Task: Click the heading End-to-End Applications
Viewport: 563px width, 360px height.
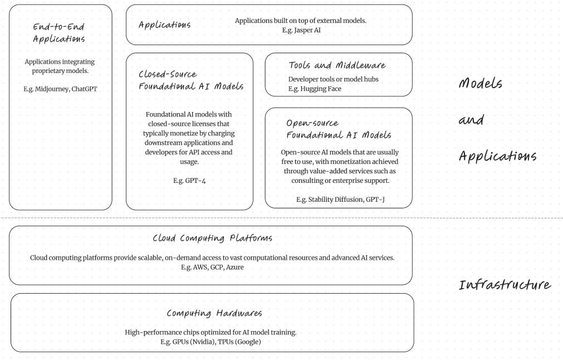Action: click(59, 32)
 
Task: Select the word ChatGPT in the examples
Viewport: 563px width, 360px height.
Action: click(84, 89)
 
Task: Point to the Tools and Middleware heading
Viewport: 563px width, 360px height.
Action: click(337, 66)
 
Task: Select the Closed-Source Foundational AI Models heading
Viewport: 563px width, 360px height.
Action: click(190, 80)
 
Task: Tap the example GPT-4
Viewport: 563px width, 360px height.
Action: click(190, 181)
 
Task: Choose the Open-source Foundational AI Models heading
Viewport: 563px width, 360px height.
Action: click(338, 129)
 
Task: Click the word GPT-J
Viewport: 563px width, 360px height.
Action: click(375, 200)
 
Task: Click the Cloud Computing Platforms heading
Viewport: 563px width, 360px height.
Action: click(212, 239)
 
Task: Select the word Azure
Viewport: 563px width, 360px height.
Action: click(234, 267)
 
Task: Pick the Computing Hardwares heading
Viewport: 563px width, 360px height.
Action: click(214, 313)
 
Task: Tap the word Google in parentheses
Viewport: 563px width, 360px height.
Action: click(248, 342)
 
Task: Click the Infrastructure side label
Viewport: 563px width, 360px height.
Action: click(505, 285)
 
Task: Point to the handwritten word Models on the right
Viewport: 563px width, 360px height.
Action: click(480, 84)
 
